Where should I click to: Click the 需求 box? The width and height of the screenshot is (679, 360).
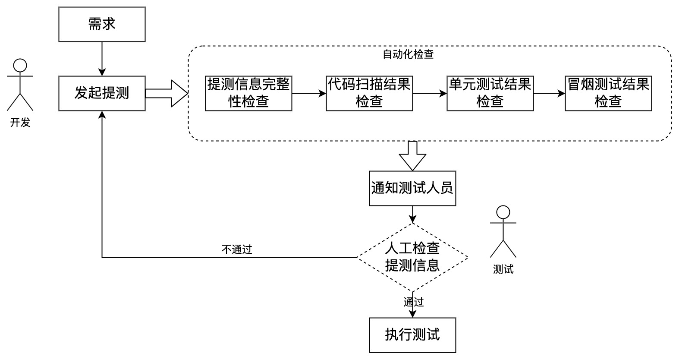tap(102, 24)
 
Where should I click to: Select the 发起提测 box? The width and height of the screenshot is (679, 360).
tap(102, 93)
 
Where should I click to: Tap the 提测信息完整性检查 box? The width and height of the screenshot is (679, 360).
tap(248, 93)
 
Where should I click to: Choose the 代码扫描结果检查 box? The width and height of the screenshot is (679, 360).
tap(369, 93)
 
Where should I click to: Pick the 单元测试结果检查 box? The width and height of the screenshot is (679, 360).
tap(490, 93)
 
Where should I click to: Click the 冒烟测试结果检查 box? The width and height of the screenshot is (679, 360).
tap(608, 93)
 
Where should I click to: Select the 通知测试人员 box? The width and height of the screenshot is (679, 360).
tap(412, 188)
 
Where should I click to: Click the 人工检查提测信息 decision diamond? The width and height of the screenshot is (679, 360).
tap(412, 257)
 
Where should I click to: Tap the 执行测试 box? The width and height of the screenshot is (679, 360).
tap(412, 335)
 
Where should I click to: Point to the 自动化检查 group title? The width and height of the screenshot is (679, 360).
tap(408, 54)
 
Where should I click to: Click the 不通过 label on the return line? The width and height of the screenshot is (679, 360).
tap(237, 249)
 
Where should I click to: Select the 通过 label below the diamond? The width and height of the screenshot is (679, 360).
tap(414, 302)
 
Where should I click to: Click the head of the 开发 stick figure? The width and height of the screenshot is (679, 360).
tap(20, 66)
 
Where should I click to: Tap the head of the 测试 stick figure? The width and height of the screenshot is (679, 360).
tap(503, 212)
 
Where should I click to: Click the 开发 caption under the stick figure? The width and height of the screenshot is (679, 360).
tap(20, 123)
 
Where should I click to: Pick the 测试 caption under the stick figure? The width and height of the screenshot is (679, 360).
tap(503, 269)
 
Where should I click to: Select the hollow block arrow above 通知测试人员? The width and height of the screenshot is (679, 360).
tap(412, 155)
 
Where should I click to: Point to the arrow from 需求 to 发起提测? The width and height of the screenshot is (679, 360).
tap(102, 59)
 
